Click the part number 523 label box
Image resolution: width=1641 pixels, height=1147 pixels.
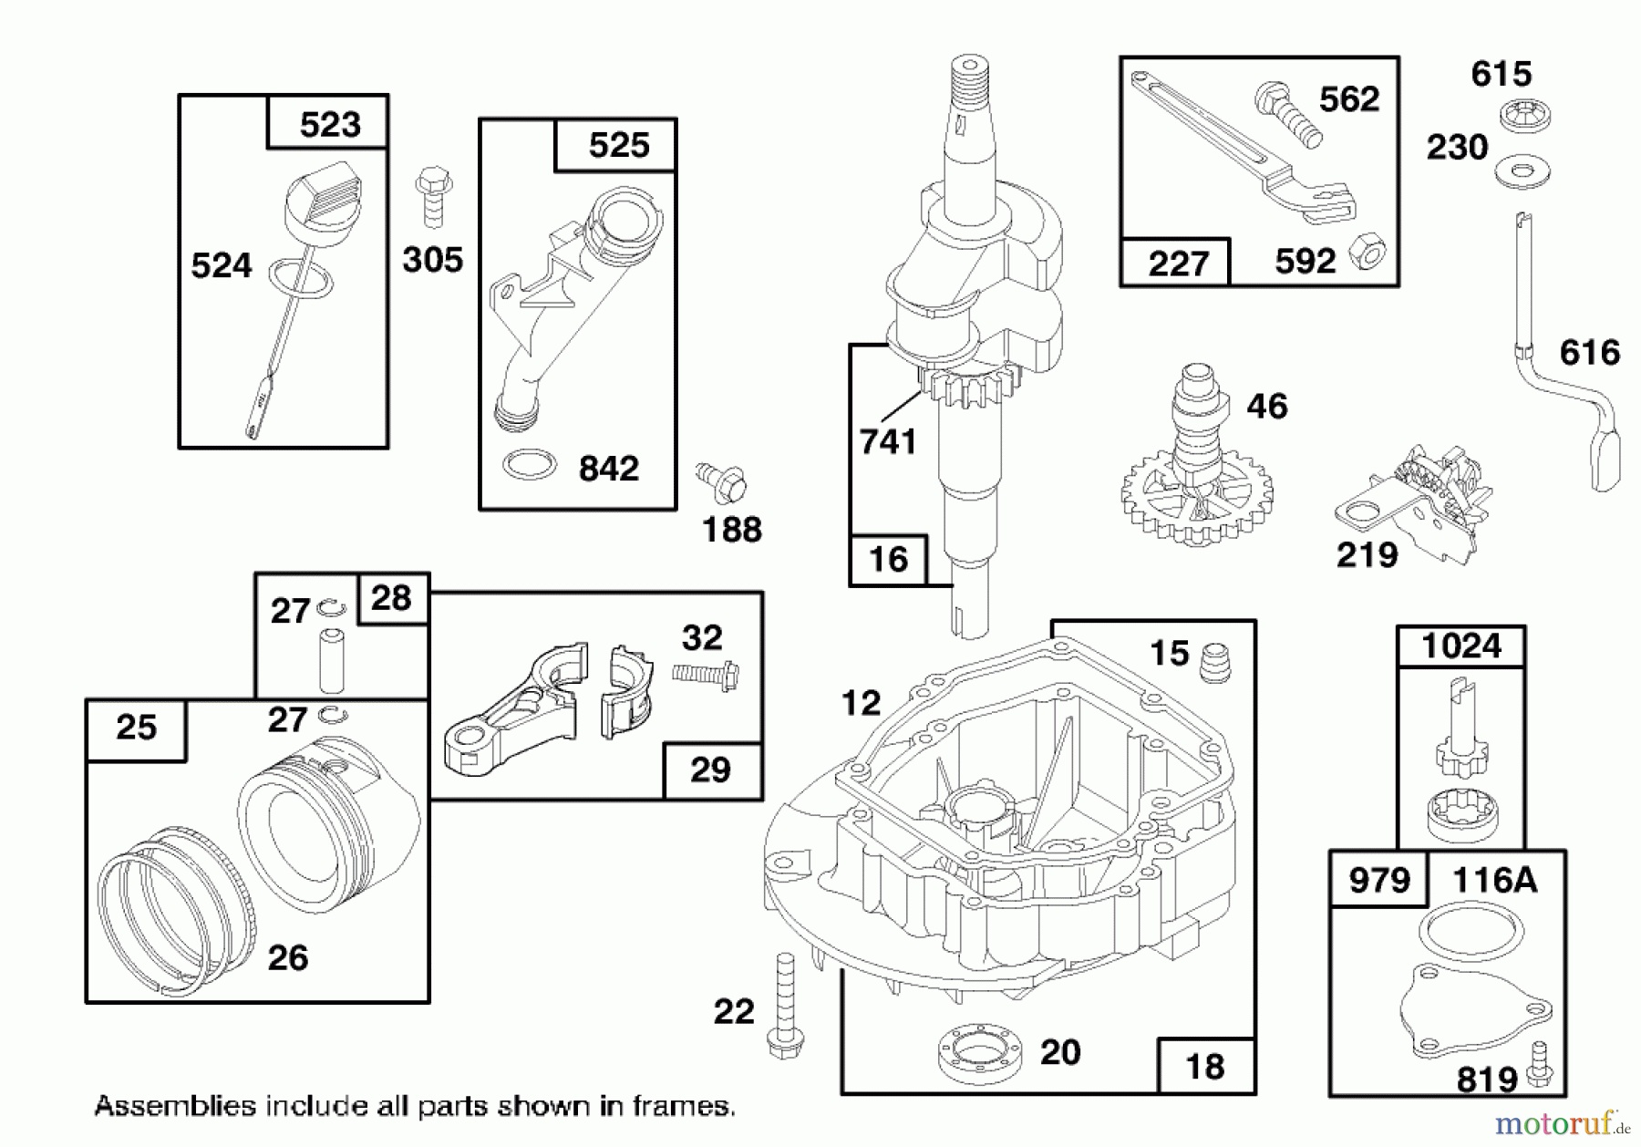tap(328, 123)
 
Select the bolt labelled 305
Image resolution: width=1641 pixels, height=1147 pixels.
tap(434, 196)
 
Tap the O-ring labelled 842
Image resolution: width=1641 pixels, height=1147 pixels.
tap(529, 465)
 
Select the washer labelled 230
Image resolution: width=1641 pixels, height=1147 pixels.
tap(1522, 170)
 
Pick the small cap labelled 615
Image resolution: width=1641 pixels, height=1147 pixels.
tap(1525, 116)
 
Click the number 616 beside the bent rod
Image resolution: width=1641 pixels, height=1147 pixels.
tap(1589, 352)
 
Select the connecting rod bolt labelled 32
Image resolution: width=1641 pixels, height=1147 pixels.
tap(706, 676)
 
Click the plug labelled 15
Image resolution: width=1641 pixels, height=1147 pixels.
tap(1215, 662)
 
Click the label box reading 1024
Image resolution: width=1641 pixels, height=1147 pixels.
tap(1460, 646)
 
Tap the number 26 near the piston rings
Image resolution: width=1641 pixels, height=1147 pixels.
tap(288, 957)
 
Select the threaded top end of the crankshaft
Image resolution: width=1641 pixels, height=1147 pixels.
tap(969, 83)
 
